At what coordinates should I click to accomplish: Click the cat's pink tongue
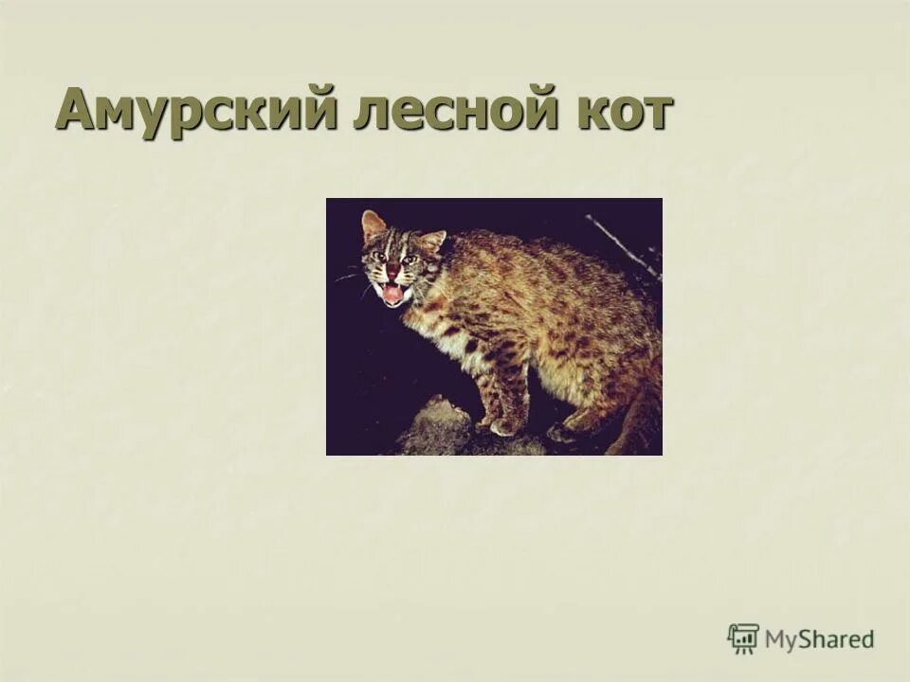tap(392, 294)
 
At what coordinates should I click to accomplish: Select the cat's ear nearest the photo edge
tap(373, 225)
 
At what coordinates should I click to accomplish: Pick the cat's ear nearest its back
tap(432, 241)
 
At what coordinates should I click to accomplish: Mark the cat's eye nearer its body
tap(409, 260)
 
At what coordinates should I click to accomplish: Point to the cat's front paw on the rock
tap(504, 425)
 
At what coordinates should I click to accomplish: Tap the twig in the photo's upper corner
tap(621, 244)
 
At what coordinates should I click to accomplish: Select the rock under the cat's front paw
tap(436, 431)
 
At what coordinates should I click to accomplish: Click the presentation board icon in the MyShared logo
tap(743, 638)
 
